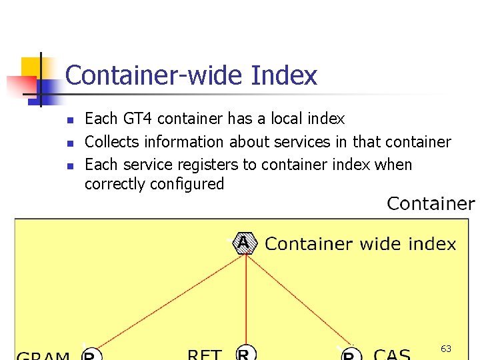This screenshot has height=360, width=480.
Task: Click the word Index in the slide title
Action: (x=284, y=75)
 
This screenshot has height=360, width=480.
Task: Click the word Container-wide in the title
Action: (x=155, y=75)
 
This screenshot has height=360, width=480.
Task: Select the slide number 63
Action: (x=446, y=349)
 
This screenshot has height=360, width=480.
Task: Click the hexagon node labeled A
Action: (x=244, y=243)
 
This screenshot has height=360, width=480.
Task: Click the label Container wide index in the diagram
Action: (x=360, y=244)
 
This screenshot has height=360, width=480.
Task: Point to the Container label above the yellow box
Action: (x=431, y=203)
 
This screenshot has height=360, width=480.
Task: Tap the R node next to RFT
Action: (x=245, y=354)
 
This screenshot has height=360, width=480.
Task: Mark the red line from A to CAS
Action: (x=300, y=300)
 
